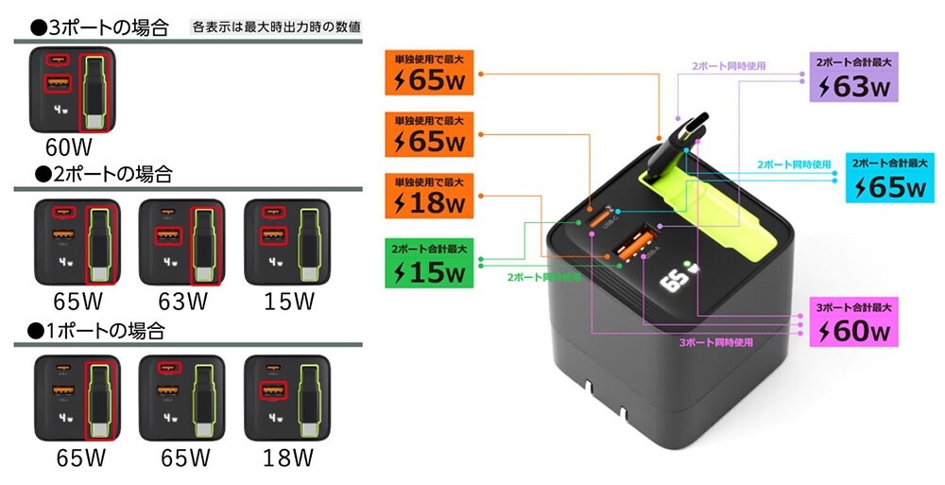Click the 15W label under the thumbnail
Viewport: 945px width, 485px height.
click(288, 303)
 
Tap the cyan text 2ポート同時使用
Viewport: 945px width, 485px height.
click(794, 164)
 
